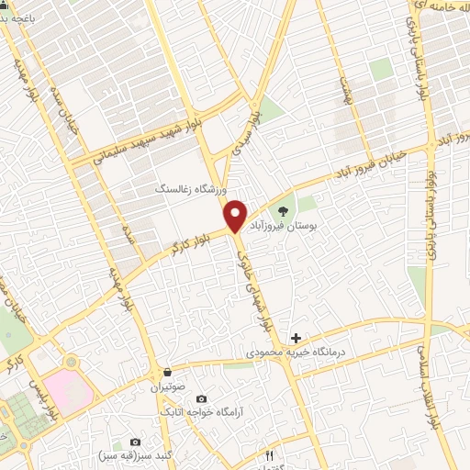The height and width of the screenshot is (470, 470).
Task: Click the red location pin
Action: tap(236, 215)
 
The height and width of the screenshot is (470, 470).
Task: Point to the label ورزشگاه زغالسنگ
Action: tap(190, 187)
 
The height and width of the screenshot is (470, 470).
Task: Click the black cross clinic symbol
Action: tap(295, 338)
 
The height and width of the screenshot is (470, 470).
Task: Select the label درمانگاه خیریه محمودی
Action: tap(295, 352)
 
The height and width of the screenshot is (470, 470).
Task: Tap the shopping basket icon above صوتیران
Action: tap(168, 373)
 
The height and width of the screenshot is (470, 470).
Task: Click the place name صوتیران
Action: tap(168, 386)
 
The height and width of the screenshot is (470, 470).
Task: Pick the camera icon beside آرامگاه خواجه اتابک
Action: tap(202, 399)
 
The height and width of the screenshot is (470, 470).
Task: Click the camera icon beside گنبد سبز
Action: tap(136, 442)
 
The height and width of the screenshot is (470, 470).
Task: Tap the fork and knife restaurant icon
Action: tap(269, 454)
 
